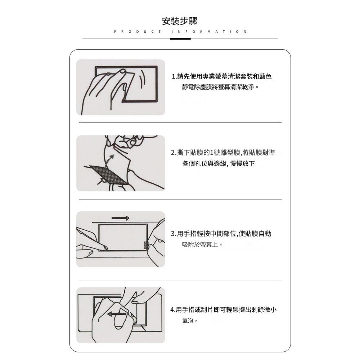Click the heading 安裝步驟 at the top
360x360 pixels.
coord(180,21)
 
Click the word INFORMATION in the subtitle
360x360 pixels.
coord(209,32)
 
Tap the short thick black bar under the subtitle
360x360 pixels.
coord(180,39)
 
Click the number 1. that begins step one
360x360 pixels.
coord(174,77)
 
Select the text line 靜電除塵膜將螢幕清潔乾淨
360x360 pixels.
coord(220,87)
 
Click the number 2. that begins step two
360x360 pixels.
coord(174,153)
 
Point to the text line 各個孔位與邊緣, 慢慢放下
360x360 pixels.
coord(219,164)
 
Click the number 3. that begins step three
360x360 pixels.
coord(174,234)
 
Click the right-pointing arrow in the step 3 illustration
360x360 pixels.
coord(120,218)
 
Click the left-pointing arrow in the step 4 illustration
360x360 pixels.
coord(117,314)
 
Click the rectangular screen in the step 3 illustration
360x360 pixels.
coord(122,237)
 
